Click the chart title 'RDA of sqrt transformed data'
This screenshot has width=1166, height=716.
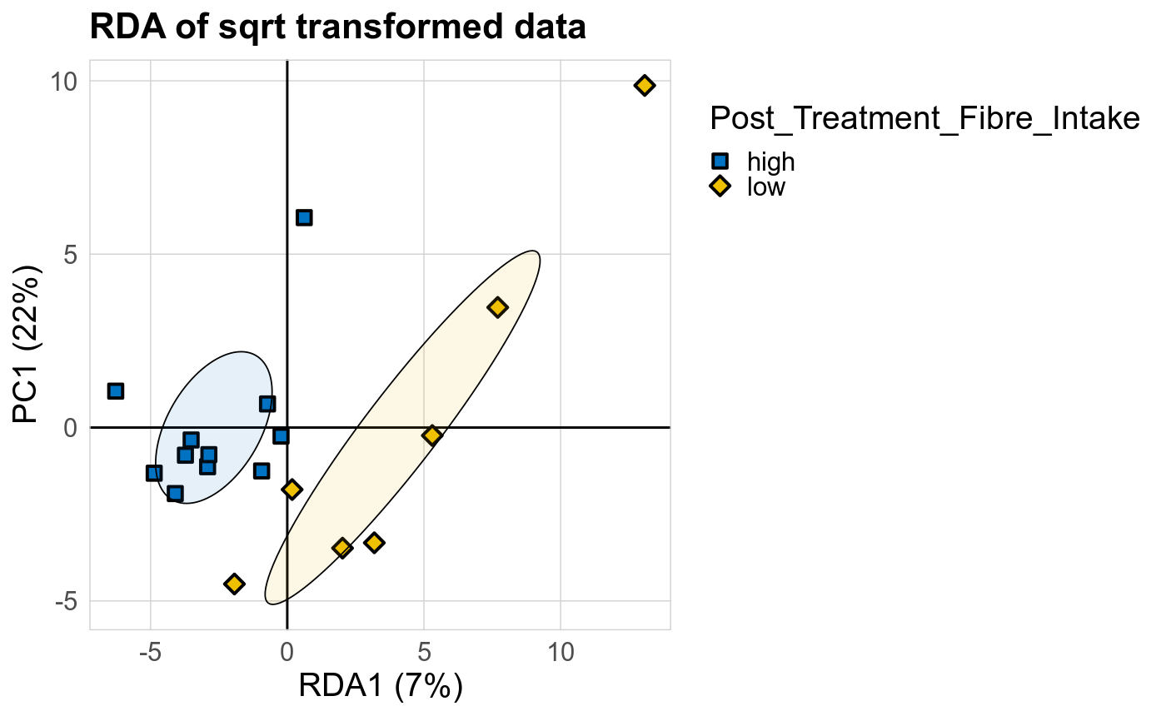(337, 27)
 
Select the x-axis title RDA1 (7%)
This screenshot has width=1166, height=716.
(380, 687)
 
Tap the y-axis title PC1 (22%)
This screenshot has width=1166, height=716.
(30, 344)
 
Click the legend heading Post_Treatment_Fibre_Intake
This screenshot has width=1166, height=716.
(924, 119)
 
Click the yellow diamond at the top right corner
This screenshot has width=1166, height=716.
(645, 85)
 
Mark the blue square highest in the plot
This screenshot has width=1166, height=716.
(304, 217)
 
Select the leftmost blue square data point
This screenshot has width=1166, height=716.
(116, 391)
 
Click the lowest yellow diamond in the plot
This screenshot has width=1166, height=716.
(235, 584)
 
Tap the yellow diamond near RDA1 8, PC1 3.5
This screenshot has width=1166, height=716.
(497, 307)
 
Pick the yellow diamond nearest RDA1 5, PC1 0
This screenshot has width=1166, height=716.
(432, 435)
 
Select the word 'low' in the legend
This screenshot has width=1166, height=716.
(765, 186)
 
